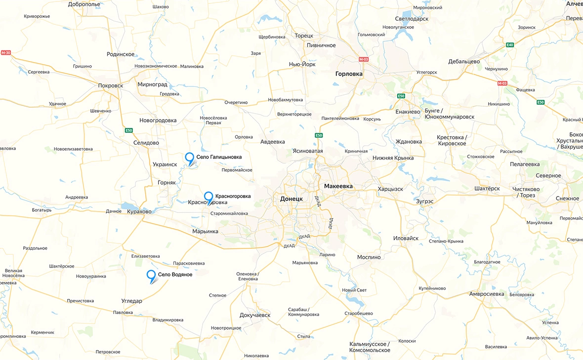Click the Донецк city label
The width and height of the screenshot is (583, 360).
(291, 199)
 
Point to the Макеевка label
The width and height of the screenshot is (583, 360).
(338, 186)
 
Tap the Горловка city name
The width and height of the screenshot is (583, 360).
(349, 74)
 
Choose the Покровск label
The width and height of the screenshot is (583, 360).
(111, 85)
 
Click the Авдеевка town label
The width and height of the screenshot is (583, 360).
(273, 142)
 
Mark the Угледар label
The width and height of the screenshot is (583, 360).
(132, 301)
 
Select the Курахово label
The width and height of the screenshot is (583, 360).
(139, 211)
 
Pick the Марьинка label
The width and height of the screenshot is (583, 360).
(205, 231)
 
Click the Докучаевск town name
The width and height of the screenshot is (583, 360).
(255, 315)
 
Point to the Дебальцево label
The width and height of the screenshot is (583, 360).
(464, 62)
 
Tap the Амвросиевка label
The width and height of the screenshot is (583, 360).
(487, 294)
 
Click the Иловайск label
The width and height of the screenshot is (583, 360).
(406, 238)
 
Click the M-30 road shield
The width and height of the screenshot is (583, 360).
(6, 52)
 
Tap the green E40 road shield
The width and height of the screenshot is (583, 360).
(510, 45)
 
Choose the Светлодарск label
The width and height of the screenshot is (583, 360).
(409, 18)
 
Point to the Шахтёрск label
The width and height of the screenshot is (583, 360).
(487, 189)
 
